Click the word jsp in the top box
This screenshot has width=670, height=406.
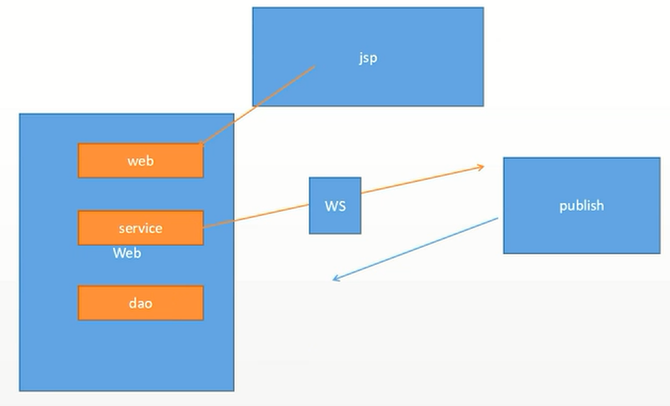[367, 58]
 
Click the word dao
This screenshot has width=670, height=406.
[140, 303]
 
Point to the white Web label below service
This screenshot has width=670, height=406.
[127, 253]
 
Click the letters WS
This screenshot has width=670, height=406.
[335, 206]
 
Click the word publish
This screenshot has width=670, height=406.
[581, 205]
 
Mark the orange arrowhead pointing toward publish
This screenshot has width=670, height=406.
[481, 167]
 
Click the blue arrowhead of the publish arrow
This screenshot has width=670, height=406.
[335, 279]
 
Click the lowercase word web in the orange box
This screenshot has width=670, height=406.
[140, 161]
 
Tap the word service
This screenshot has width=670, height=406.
[140, 228]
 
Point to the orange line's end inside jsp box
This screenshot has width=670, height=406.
[313, 67]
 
